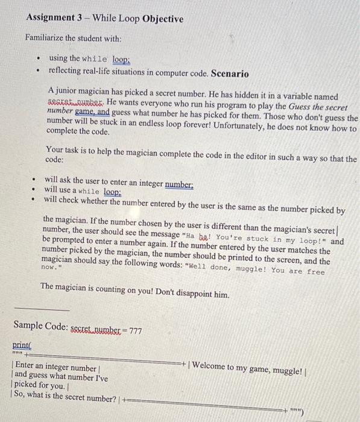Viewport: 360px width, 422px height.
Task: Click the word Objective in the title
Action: [x=162, y=19]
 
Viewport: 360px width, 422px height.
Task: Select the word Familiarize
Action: [x=49, y=38]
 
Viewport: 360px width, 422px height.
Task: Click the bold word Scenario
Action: [x=229, y=74]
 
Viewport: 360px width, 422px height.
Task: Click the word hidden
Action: [x=241, y=96]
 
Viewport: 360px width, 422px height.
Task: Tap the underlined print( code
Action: [x=22, y=345]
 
